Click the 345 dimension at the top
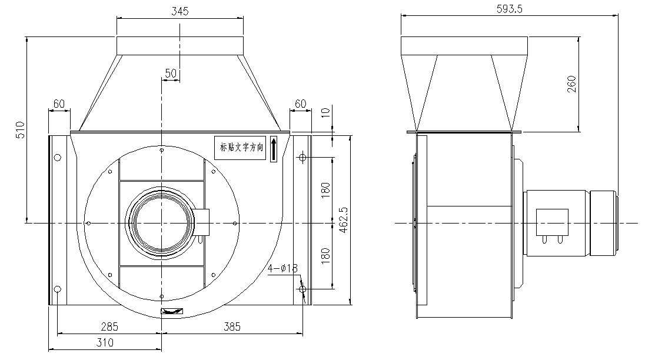tap(179, 12)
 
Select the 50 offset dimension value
tap(171, 73)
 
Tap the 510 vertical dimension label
tap(19, 130)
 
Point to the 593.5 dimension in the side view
tap(509, 9)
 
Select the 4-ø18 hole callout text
tap(283, 268)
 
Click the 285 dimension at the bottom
tap(109, 326)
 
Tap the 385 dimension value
tap(230, 326)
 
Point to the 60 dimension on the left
tap(59, 104)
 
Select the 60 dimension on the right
tap(300, 104)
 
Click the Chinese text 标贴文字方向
tap(242, 149)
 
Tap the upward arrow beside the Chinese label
tap(274, 149)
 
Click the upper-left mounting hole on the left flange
tap(57, 157)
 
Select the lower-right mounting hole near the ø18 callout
tap(302, 289)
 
